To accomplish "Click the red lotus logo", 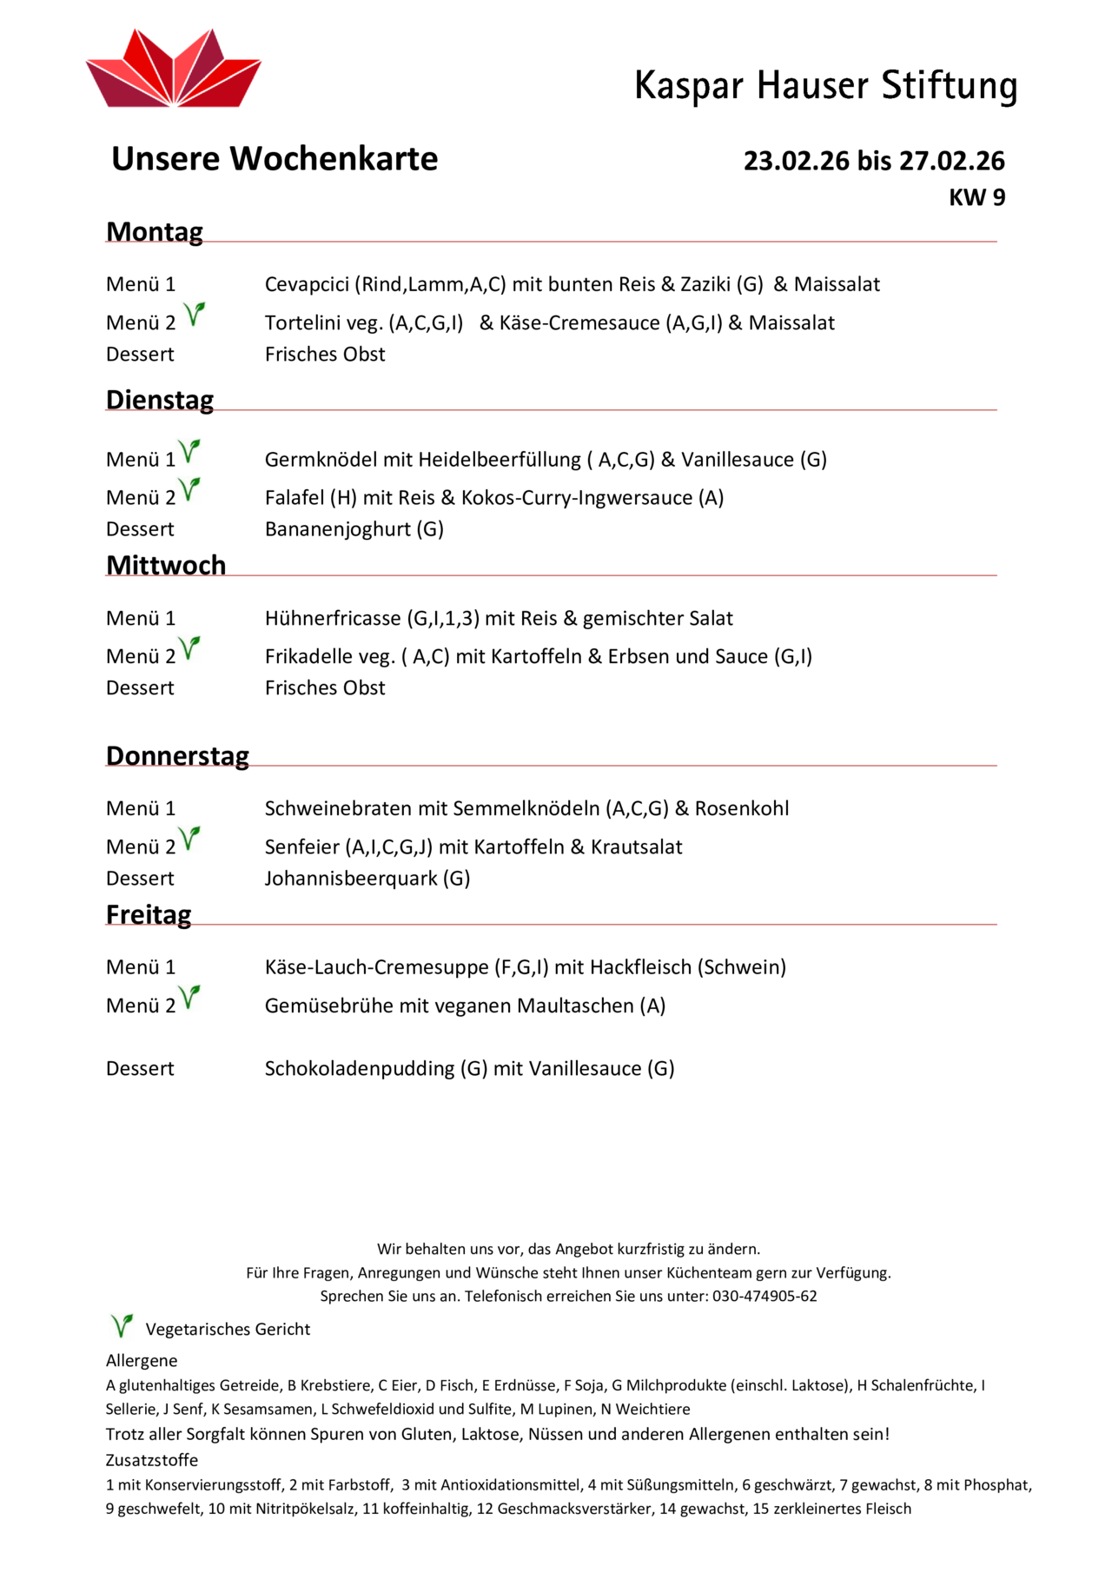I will pyautogui.click(x=173, y=70).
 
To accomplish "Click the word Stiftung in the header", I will pyautogui.click(x=949, y=86).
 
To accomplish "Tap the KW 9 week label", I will pyautogui.click(x=976, y=198).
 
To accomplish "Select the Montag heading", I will pyautogui.click(x=155, y=232).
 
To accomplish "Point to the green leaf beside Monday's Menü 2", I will pyautogui.click(x=195, y=314).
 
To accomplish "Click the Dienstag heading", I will pyautogui.click(x=160, y=400).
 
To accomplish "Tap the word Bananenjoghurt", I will pyautogui.click(x=338, y=529).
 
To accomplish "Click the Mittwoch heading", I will pyautogui.click(x=166, y=565).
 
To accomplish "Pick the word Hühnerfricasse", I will pyautogui.click(x=334, y=619).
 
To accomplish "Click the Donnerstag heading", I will pyautogui.click(x=177, y=756).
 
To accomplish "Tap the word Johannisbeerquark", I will pyautogui.click(x=351, y=879).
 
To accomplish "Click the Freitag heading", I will pyautogui.click(x=149, y=915).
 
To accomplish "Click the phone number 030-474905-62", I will pyautogui.click(x=764, y=1297).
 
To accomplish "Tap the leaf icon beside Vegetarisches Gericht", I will pyautogui.click(x=122, y=1326).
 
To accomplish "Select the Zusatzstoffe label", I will pyautogui.click(x=152, y=1460).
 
